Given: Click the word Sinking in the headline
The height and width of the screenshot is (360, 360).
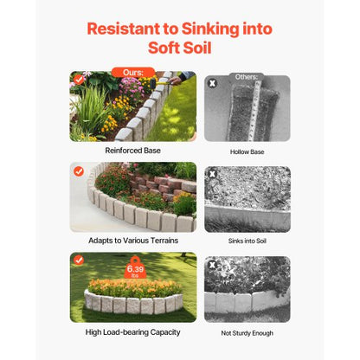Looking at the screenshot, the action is click(x=210, y=29).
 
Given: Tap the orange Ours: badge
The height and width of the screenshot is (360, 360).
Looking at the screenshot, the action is click(x=133, y=72).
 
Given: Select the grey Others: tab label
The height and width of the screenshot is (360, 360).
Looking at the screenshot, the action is click(x=247, y=77).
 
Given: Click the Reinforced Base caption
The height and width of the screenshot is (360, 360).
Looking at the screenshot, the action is click(x=132, y=151).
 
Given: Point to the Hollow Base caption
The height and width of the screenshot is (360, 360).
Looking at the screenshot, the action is click(x=247, y=151).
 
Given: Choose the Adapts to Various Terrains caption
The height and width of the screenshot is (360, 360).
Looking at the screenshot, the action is click(x=133, y=241).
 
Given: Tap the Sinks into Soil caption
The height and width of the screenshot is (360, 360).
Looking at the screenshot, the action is click(x=247, y=241).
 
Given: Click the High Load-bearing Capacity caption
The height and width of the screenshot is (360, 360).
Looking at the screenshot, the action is click(x=132, y=332).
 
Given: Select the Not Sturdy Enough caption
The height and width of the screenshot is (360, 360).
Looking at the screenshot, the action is click(x=247, y=333).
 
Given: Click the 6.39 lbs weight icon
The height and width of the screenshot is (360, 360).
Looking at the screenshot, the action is click(x=135, y=268).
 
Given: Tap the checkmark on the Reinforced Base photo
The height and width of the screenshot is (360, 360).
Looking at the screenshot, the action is click(x=79, y=80).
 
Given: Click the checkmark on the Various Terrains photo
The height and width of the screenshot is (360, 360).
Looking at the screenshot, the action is click(x=79, y=171).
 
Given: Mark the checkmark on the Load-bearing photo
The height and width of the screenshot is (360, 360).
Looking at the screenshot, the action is click(x=79, y=260).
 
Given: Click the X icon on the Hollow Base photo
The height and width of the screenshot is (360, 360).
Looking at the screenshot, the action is click(x=213, y=83).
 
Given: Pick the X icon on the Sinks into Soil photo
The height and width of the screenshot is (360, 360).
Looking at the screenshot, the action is click(x=213, y=174).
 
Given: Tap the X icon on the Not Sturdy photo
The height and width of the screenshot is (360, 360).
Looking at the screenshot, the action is click(x=213, y=265).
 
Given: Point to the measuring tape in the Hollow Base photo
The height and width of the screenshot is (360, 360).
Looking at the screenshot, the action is click(x=255, y=111).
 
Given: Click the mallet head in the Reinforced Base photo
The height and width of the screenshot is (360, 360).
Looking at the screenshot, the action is click(x=152, y=84).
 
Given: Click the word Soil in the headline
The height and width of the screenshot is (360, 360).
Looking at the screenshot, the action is click(x=196, y=48).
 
